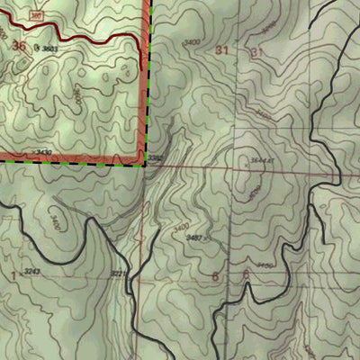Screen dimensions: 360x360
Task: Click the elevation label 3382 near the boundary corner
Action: (157, 159)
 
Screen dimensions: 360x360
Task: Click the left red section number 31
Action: (222, 51)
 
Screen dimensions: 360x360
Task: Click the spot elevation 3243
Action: (33, 271)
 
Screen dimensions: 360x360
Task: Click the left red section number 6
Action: (217, 276)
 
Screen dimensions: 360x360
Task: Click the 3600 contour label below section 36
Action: (77, 94)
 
